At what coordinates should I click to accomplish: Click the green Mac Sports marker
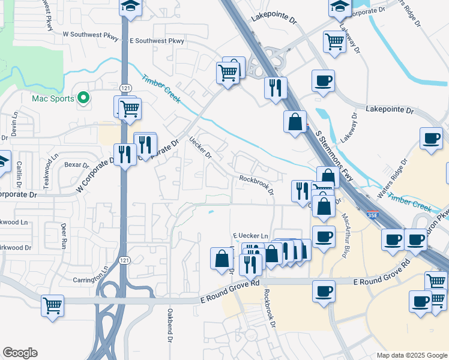(83, 98)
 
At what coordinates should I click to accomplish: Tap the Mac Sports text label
(53, 98)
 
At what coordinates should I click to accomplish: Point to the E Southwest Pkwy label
(157, 41)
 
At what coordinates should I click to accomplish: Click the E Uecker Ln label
(250, 236)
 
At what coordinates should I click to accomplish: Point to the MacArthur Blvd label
(346, 229)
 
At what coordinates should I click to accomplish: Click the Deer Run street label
(64, 236)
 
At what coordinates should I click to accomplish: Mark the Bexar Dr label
(76, 164)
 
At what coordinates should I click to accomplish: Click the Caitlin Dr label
(20, 172)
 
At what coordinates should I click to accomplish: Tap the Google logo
(20, 353)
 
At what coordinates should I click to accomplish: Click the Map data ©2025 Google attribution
(411, 355)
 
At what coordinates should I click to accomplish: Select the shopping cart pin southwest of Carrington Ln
(52, 304)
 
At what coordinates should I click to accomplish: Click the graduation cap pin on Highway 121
(130, 7)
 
